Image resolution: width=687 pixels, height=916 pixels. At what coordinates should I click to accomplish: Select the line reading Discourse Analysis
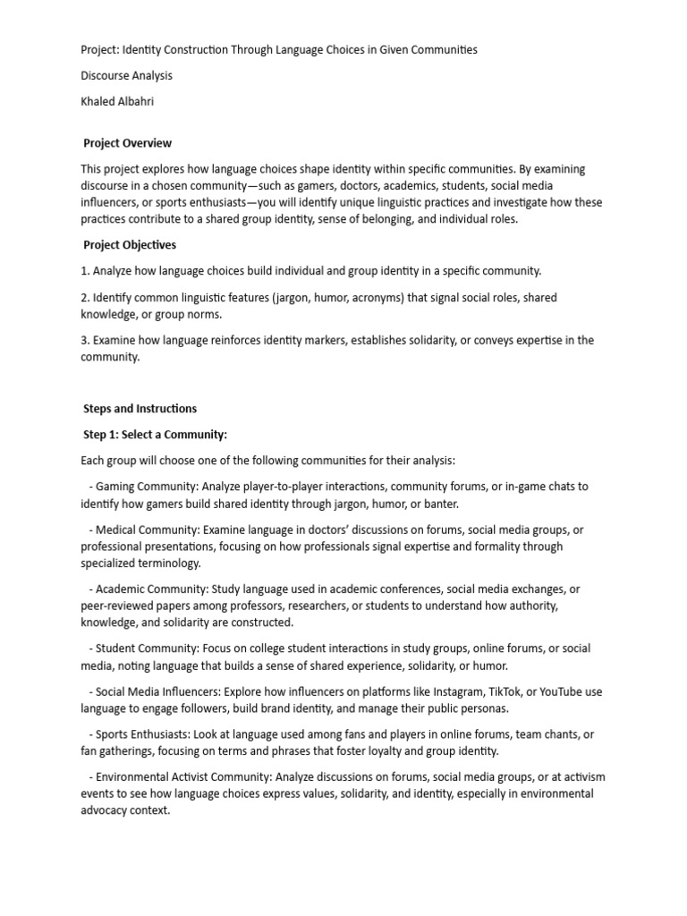(x=126, y=76)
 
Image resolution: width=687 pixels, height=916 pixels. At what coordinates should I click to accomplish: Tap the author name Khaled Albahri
(x=117, y=101)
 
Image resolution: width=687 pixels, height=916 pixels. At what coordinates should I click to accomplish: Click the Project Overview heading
(x=127, y=143)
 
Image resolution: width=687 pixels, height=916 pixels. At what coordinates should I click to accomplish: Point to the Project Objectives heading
(x=130, y=245)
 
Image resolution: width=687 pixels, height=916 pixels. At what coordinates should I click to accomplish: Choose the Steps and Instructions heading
(x=140, y=409)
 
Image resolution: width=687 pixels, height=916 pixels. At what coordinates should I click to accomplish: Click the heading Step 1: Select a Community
(x=155, y=435)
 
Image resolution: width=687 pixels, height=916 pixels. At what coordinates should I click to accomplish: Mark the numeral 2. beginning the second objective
(x=85, y=298)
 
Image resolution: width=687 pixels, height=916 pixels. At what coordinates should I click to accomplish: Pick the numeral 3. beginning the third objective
(x=85, y=341)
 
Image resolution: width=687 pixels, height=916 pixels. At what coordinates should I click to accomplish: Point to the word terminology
(x=170, y=564)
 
